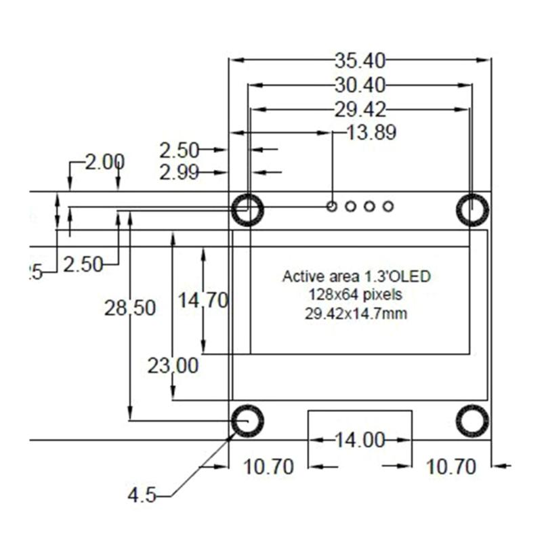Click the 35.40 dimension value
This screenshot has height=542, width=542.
359,61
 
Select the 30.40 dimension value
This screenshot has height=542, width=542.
359,85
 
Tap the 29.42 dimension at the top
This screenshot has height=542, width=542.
359,109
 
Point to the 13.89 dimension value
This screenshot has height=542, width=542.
371,133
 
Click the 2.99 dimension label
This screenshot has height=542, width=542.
179,173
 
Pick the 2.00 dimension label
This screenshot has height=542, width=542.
105,162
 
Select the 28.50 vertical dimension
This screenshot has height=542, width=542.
130,308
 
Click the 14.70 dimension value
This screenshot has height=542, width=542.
203,299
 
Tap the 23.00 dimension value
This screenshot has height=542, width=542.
173,366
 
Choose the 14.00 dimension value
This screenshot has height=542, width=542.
360,440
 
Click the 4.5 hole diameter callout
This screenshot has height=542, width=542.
142,495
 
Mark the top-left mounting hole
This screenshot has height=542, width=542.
247,210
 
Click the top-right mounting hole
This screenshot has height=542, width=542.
472,210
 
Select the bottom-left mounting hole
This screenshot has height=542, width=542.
247,421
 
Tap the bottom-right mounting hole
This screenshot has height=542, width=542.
472,421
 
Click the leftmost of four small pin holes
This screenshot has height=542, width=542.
332,206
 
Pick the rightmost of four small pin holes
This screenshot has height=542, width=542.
388,206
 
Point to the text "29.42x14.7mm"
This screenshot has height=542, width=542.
356,313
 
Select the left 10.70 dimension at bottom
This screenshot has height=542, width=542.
268,467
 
